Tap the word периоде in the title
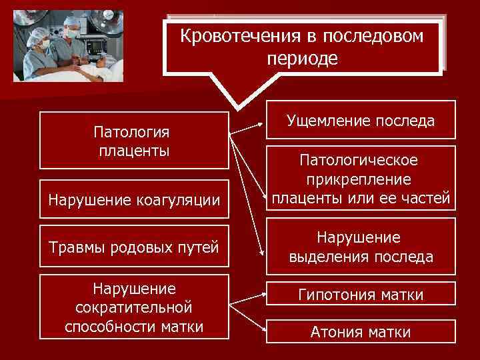[302, 59]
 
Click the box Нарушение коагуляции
[134, 199]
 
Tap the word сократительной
[134, 307]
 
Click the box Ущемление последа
[360, 121]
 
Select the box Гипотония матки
[361, 294]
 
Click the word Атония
[333, 332]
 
